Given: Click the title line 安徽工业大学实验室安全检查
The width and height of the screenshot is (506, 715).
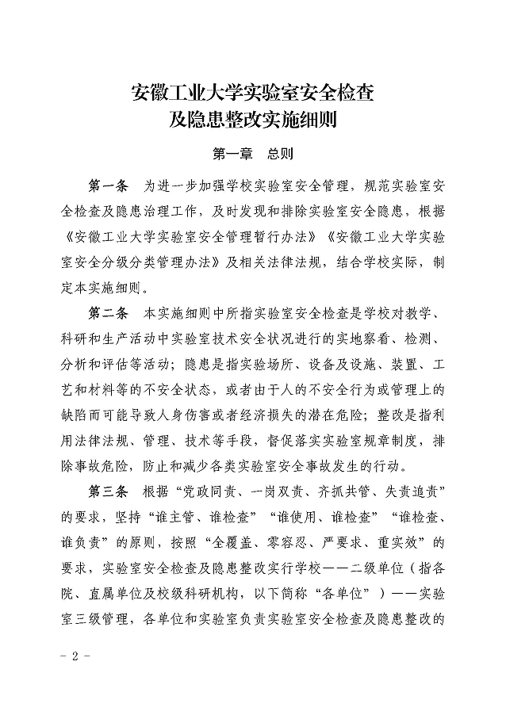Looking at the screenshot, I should pos(252,94).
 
